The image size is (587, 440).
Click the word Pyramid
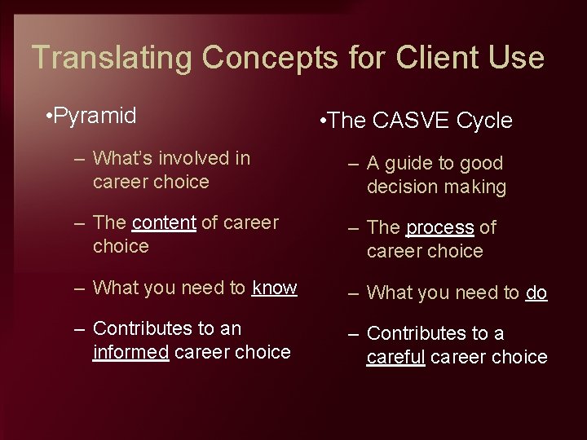[96, 116]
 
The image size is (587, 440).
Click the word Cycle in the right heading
[484, 121]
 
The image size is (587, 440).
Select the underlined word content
[163, 222]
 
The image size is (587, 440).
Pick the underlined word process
[439, 228]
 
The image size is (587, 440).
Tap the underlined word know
[275, 288]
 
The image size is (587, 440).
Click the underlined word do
[536, 293]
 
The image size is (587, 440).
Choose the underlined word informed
[131, 352]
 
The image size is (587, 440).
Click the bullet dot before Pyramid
[50, 117]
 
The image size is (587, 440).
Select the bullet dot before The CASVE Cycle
[324, 122]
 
